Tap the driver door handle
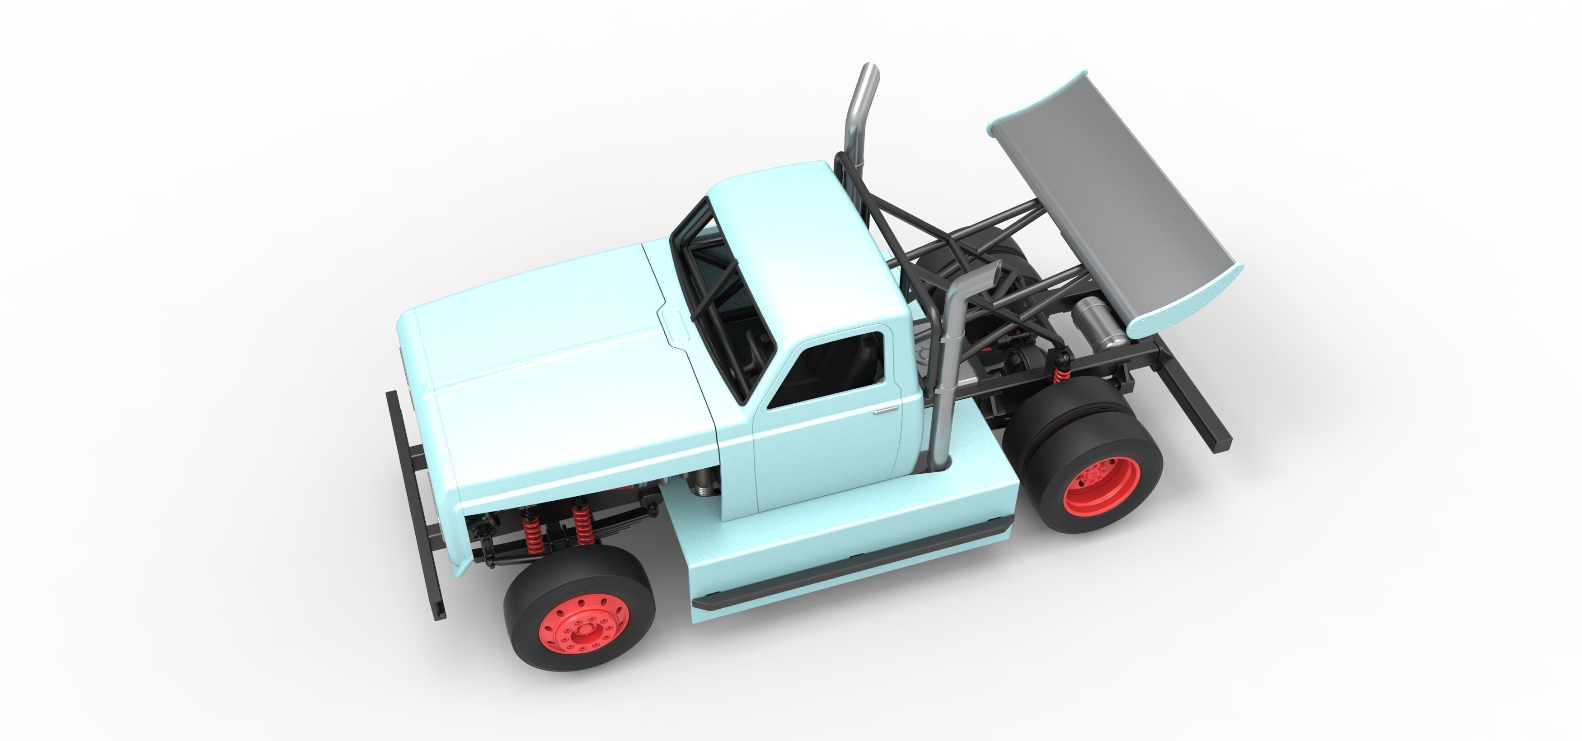tap(886, 410)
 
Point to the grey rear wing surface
tap(1112, 203)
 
